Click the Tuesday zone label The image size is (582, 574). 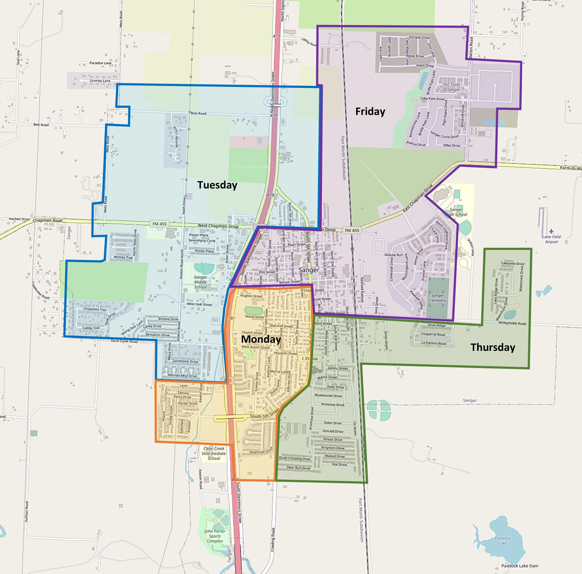[x=217, y=185]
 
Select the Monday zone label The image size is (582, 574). [x=261, y=339]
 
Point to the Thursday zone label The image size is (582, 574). [x=493, y=347]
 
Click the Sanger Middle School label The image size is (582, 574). [x=200, y=282]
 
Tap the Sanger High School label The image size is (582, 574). [x=456, y=212]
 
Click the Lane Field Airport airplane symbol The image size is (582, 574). [x=551, y=231]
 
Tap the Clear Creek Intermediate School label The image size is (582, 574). [x=214, y=453]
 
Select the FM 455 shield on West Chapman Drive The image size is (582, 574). [x=159, y=224]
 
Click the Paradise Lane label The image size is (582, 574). [x=100, y=63]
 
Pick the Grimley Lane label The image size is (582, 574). [x=100, y=81]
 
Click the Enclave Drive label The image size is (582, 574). [x=419, y=38]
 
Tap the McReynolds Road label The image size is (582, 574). [x=512, y=323]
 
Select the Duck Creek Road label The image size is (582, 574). [x=124, y=341]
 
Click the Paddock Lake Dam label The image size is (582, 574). [x=520, y=566]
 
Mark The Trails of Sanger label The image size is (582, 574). [x=451, y=87]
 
